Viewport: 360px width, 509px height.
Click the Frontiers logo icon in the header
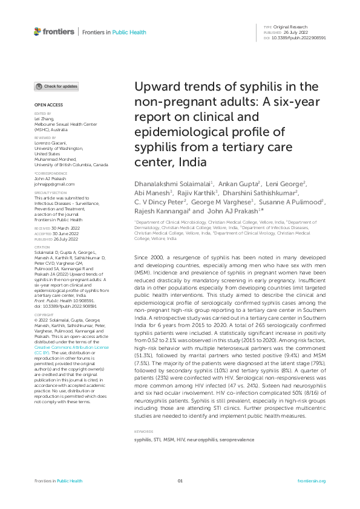[x=38, y=31]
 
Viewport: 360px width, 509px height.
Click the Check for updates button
[x=56, y=86]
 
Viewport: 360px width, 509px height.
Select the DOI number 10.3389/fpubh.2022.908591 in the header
[x=303, y=37]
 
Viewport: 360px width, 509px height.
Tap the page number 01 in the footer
[x=180, y=481]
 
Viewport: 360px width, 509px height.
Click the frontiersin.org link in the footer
[x=312, y=481]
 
